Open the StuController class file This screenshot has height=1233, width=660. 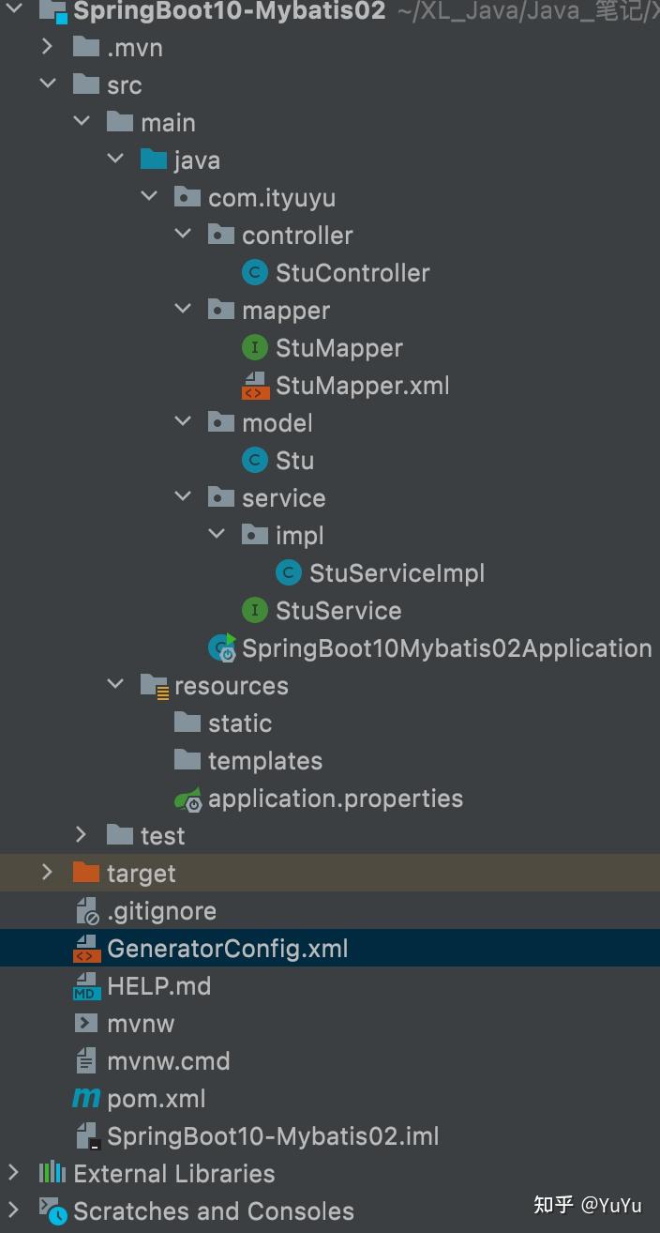click(352, 273)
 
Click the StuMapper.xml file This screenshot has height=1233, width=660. click(362, 386)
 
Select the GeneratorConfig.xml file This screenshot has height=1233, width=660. click(227, 949)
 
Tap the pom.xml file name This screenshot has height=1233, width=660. click(156, 1099)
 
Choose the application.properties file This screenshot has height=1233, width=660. click(335, 799)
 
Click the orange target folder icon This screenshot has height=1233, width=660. click(85, 874)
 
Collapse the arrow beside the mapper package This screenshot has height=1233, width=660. click(183, 310)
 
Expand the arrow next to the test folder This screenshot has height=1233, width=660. click(82, 835)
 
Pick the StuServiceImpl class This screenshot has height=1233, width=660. click(397, 573)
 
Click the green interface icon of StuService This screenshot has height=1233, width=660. click(254, 611)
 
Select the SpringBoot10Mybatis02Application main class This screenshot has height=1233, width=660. click(446, 648)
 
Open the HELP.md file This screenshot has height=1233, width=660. click(158, 986)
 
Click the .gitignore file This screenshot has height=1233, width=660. click(161, 911)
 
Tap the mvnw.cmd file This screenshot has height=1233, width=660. click(168, 1061)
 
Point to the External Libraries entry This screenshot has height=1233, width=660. click(173, 1174)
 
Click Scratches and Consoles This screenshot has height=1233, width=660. click(213, 1211)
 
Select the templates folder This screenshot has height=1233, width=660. click(264, 761)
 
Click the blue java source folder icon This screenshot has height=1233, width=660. click(153, 160)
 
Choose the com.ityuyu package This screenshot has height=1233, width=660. click(271, 198)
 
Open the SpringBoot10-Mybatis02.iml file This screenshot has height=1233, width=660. click(272, 1136)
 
